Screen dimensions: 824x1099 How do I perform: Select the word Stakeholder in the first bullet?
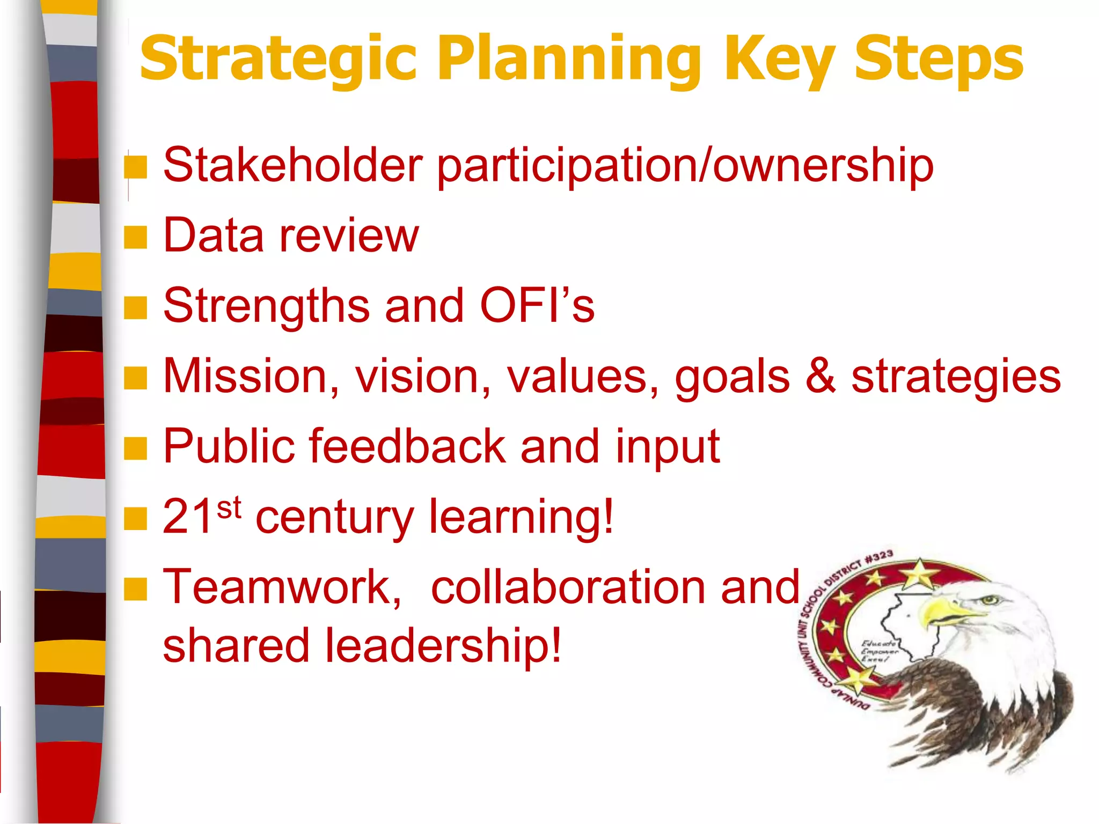293,165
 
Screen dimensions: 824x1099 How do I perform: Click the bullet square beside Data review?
135,237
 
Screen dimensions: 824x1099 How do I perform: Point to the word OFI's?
537,306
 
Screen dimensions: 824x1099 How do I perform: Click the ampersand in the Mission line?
821,376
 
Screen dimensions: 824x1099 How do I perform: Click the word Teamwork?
282,587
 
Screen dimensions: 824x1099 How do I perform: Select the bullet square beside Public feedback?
135,448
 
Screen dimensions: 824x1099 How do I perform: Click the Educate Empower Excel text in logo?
879,651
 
